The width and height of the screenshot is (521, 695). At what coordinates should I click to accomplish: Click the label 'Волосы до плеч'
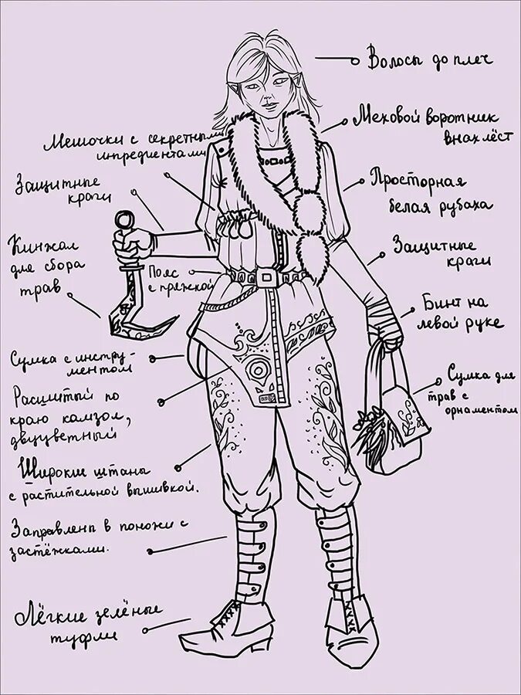point(429,60)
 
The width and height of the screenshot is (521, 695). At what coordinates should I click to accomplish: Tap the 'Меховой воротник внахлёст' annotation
point(434,125)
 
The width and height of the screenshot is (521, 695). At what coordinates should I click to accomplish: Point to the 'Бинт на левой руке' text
point(462,311)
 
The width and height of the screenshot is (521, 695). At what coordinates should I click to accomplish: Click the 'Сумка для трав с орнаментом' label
point(479,392)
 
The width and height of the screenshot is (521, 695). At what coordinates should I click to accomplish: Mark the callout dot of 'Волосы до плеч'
point(354,59)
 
